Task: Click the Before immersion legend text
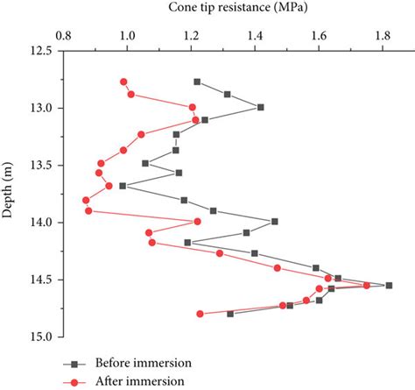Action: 143,363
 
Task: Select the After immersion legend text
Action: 139,381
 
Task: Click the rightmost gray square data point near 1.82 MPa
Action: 389,285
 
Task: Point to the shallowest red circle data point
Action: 124,82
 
